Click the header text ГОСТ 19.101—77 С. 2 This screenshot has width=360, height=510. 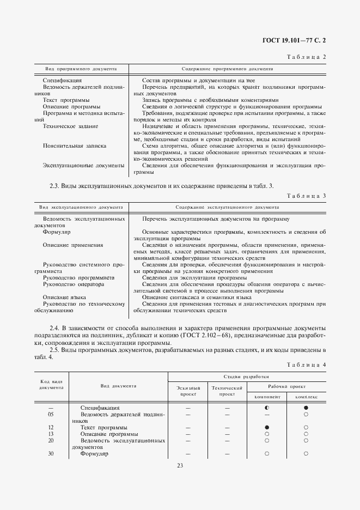295,40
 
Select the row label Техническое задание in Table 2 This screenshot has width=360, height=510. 70,126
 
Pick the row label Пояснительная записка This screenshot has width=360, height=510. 74,146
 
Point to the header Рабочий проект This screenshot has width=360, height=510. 286,385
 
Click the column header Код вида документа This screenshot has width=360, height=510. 51,385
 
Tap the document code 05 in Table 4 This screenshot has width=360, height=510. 51,414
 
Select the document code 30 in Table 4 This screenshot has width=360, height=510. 51,453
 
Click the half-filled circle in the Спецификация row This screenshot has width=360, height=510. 267,408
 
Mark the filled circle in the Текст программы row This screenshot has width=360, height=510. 267,427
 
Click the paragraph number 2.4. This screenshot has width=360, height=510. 54,329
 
